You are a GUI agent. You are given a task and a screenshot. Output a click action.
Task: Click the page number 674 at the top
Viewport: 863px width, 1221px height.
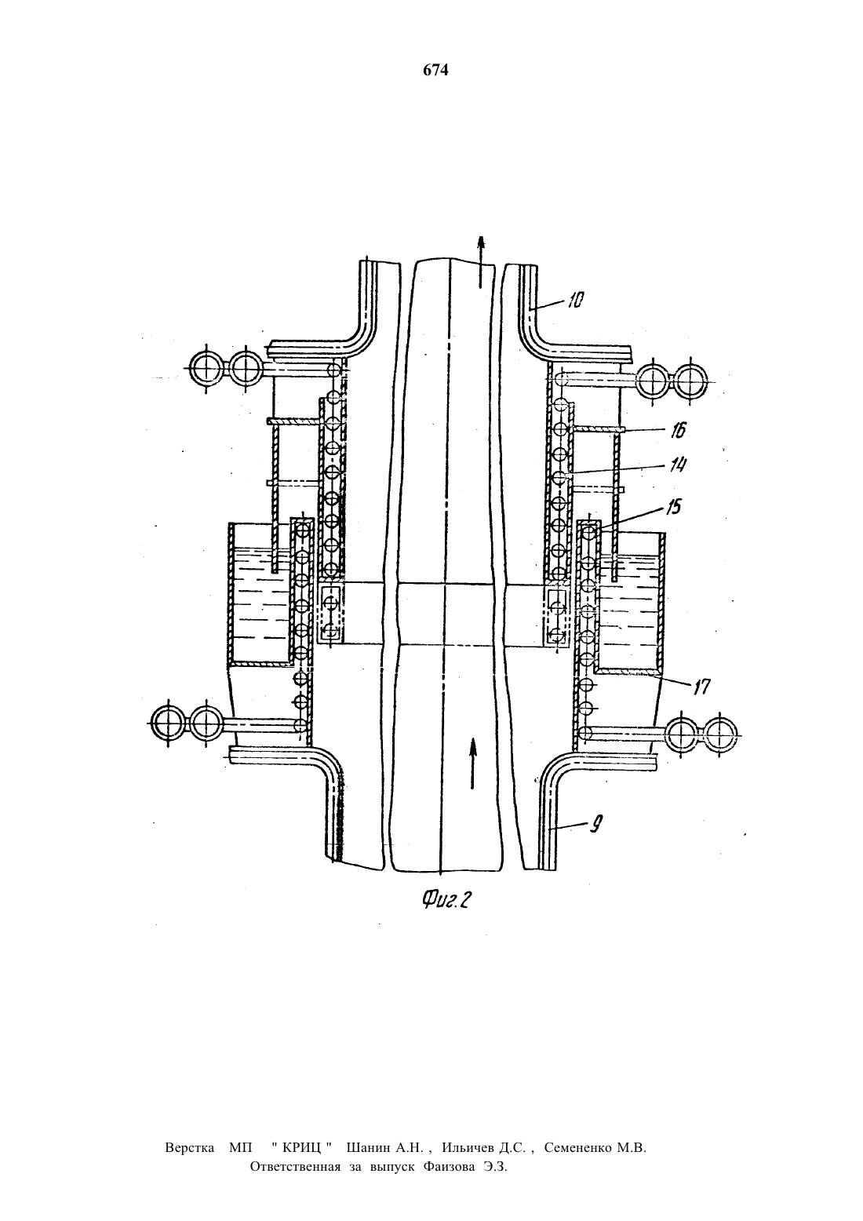point(435,71)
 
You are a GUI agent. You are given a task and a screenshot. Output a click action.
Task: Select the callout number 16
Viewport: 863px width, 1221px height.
point(677,430)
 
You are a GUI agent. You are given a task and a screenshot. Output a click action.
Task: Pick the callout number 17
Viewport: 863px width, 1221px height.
point(701,687)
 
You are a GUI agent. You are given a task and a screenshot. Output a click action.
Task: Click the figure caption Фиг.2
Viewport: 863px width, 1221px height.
point(446,900)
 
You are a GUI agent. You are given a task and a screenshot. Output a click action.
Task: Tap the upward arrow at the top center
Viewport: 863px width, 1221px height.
point(480,261)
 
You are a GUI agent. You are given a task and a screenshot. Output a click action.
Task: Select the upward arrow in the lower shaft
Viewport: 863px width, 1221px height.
point(473,763)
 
